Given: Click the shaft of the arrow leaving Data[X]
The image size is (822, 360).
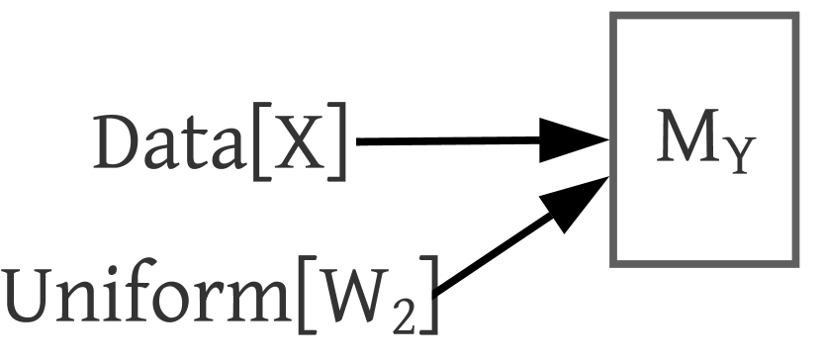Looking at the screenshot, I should (445, 141).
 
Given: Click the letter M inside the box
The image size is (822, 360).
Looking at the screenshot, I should (682, 141).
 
